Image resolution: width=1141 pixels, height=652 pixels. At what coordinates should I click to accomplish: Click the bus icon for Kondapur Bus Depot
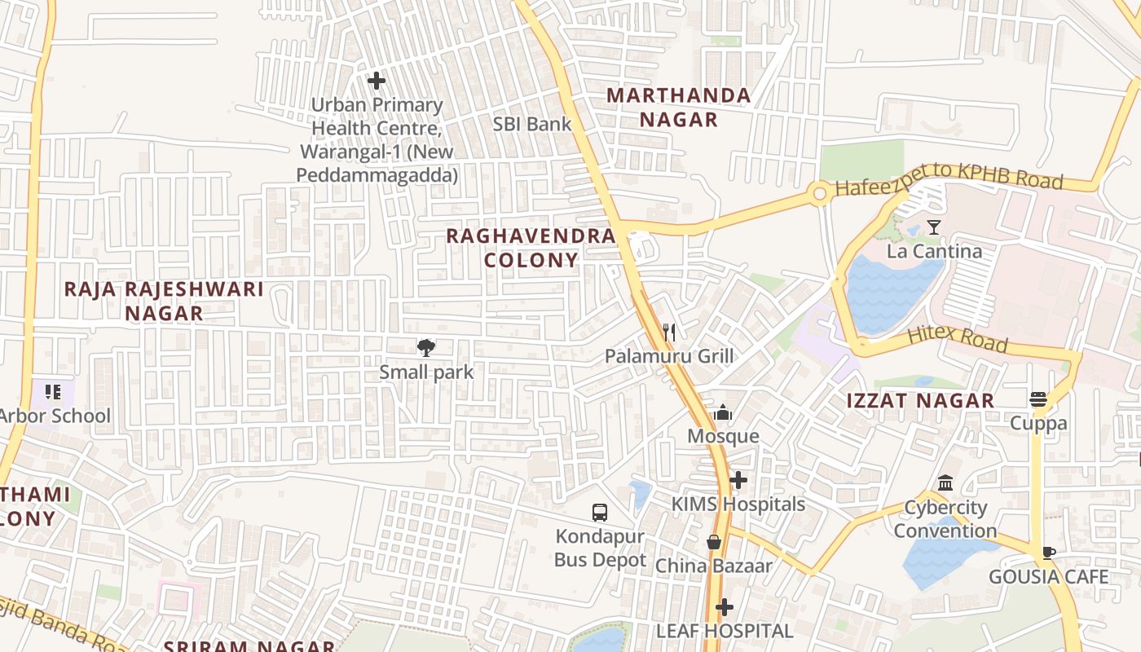tap(600, 513)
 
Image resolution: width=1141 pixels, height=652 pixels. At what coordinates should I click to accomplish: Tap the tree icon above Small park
tap(425, 349)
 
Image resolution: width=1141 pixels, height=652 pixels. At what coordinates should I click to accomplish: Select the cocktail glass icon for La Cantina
tap(934, 227)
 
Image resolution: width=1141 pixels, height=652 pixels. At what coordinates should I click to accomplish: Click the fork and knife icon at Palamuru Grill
tap(669, 332)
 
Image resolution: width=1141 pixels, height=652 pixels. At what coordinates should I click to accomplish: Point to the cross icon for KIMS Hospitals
tap(738, 480)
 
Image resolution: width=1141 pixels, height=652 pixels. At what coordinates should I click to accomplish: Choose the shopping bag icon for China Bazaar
tap(714, 542)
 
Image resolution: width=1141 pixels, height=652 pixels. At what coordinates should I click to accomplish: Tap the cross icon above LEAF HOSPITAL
tap(724, 607)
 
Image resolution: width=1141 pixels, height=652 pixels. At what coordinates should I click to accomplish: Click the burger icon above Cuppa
tap(1038, 399)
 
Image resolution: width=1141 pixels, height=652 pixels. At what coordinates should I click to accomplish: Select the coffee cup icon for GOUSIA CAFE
tap(1048, 553)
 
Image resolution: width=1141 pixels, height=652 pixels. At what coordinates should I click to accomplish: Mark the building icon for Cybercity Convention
tap(945, 483)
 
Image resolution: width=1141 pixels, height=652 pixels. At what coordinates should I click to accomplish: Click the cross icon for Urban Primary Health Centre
tap(376, 81)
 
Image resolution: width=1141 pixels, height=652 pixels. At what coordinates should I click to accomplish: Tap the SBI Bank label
tap(532, 124)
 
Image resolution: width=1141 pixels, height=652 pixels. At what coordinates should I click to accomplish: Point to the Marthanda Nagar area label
tap(678, 108)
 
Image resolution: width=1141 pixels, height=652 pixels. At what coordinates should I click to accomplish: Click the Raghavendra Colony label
tap(531, 248)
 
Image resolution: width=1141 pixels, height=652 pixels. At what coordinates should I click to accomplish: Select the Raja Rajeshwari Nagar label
tap(164, 301)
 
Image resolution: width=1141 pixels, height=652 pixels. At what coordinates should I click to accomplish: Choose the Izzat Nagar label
tap(920, 400)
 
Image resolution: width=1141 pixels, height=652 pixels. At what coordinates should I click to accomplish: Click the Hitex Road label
tap(957, 337)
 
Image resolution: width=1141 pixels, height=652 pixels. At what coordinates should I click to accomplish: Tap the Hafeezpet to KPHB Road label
tap(949, 184)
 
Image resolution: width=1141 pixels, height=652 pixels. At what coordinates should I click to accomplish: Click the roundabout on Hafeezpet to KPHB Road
tap(819, 194)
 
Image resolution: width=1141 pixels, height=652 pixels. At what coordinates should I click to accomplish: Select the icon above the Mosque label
tap(723, 413)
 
